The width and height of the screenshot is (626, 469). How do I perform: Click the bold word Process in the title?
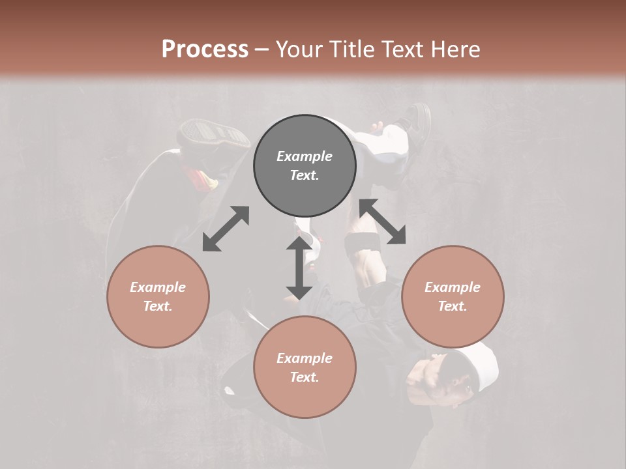[205, 49]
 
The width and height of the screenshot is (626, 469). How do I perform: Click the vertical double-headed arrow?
[299, 268]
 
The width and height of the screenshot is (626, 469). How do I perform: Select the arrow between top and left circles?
[226, 229]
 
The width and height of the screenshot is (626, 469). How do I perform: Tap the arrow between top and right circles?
[383, 221]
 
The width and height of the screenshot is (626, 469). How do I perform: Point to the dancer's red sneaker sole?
[214, 134]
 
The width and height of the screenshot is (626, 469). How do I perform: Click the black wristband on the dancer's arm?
[363, 245]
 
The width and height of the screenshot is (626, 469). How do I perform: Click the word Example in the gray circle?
[305, 156]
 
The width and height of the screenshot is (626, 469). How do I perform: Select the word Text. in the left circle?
[158, 306]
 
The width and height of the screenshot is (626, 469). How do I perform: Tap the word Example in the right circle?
[453, 287]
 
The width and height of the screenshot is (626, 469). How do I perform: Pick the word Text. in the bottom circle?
[305, 377]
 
